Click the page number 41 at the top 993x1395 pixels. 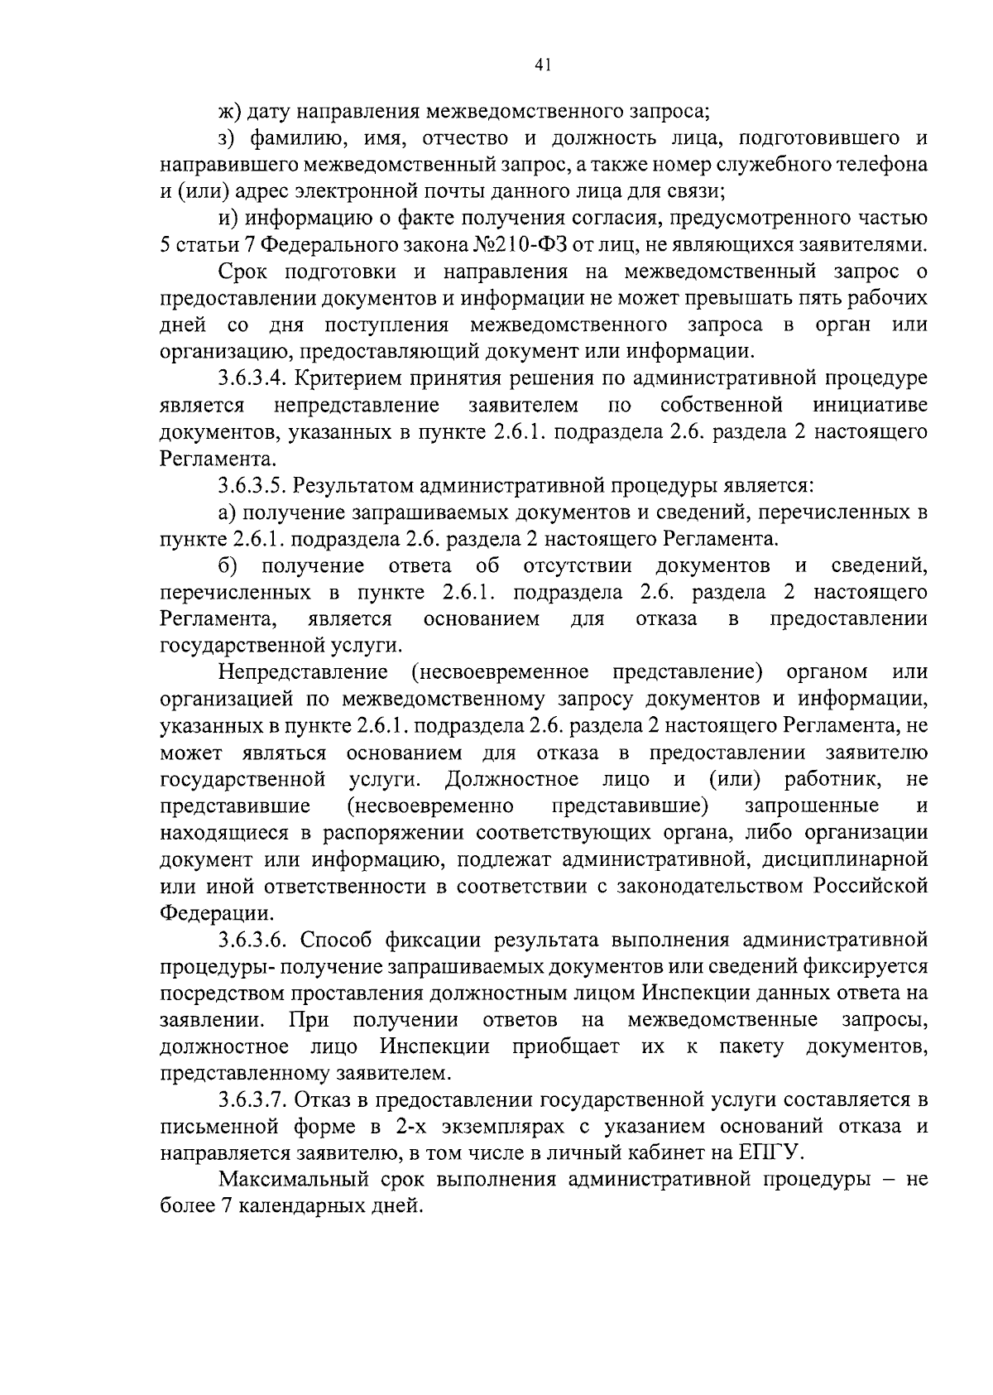click(x=542, y=65)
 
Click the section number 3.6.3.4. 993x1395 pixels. click(x=252, y=378)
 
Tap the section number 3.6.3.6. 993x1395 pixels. click(x=252, y=940)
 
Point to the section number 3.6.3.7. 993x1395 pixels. click(x=252, y=1100)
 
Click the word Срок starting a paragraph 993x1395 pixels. click(x=247, y=272)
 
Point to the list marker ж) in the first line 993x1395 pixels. click(x=228, y=110)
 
